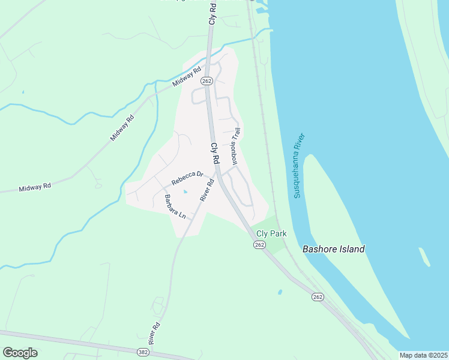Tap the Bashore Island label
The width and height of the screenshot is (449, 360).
coord(333,249)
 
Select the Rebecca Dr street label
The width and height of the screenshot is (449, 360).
coord(187,178)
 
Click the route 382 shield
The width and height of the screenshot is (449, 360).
coord(142,352)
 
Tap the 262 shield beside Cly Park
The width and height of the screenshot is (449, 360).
coord(259,245)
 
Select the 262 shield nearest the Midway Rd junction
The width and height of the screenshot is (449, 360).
coord(206,81)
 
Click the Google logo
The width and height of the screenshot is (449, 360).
coord(20,353)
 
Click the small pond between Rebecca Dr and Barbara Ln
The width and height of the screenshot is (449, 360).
coord(184,192)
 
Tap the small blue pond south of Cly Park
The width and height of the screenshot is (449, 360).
coord(280,292)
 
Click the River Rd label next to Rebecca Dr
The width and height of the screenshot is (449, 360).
coord(207,190)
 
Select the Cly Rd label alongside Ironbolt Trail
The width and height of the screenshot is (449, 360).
coord(214,154)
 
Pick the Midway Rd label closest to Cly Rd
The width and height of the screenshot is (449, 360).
coord(185,77)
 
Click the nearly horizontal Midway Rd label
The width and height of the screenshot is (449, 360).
coord(34,187)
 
